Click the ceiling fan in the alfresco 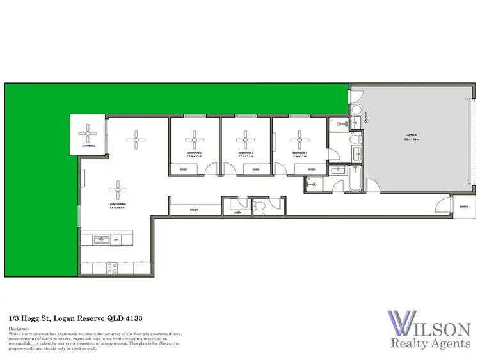[86, 134]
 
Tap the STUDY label [195, 210]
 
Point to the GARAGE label [412, 135]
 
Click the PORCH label [464, 206]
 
